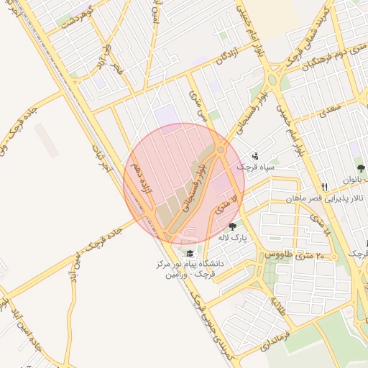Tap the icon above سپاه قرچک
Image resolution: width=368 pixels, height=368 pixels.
click(255, 155)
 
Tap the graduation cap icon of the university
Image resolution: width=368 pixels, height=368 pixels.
click(190, 253)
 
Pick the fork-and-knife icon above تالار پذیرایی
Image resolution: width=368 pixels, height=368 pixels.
click(325, 185)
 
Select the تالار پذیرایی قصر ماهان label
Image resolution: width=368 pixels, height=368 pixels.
click(332, 198)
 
